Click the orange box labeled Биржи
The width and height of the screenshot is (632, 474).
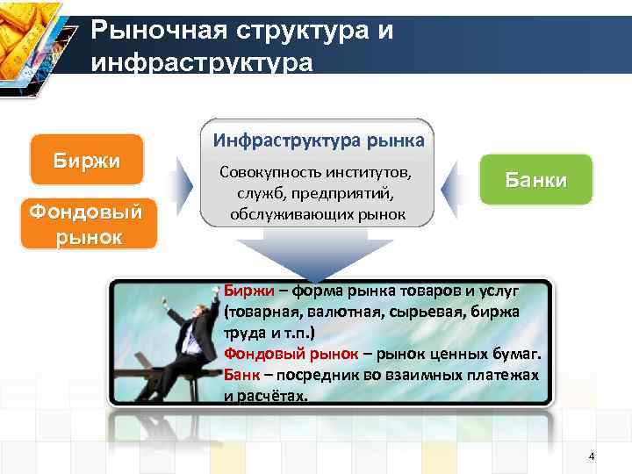coord(86,161)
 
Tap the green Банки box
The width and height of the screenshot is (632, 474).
coord(535,180)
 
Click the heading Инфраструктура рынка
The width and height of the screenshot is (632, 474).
coord(317,140)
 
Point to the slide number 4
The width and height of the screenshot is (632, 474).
coord(591,456)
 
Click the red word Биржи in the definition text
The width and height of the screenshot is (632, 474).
coord(242,289)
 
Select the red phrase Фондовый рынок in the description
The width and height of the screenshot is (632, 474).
coord(291,354)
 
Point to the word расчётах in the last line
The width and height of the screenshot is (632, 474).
coord(273,396)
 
